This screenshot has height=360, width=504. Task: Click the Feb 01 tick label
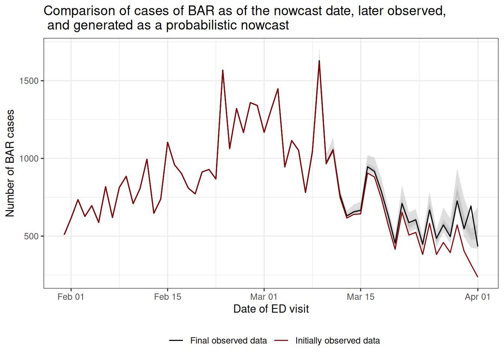(x=70, y=297)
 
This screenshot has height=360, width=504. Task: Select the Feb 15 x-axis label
(x=167, y=297)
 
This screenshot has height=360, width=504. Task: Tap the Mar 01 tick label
(x=264, y=297)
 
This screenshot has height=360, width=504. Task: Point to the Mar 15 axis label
(x=360, y=297)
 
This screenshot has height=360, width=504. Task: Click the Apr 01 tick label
(x=477, y=297)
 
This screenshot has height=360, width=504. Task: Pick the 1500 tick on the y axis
(x=29, y=81)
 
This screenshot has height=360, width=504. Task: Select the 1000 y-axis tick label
(x=29, y=159)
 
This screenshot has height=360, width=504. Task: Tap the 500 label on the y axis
(x=31, y=236)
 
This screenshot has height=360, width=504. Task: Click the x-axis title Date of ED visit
(x=271, y=309)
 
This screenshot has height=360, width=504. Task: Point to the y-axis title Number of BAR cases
(x=10, y=163)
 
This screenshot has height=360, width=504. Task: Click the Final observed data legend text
(x=228, y=340)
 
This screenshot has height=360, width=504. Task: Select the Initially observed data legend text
(x=337, y=340)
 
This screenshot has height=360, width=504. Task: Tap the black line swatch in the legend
(x=176, y=340)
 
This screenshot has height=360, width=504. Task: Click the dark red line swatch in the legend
(x=281, y=340)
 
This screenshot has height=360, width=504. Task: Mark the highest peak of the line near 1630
(x=319, y=61)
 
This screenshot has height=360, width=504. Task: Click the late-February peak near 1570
(x=223, y=70)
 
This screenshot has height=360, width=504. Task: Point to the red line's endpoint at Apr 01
(x=477, y=277)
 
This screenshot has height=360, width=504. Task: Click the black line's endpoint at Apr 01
(x=477, y=246)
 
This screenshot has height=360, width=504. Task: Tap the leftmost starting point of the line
(x=64, y=234)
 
